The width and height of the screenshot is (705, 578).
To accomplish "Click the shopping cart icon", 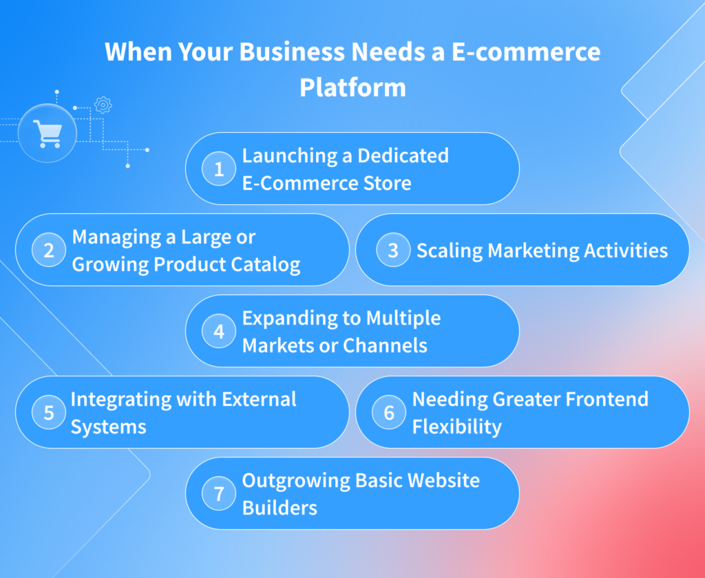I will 47,133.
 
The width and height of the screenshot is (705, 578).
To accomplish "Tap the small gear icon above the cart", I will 103,105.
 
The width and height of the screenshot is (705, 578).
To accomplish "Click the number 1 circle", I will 219,169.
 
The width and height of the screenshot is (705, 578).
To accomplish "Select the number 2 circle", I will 49,250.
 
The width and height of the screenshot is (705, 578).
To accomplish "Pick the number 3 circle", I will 393,250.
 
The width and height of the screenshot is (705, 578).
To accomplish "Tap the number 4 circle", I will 219,331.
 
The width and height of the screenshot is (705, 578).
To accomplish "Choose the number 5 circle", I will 49,412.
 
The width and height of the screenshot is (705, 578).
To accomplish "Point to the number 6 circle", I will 389,412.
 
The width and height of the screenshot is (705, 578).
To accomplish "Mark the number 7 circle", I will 219,493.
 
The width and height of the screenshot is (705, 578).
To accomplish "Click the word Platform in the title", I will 352,87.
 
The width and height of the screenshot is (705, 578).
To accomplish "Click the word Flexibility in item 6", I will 456,427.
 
